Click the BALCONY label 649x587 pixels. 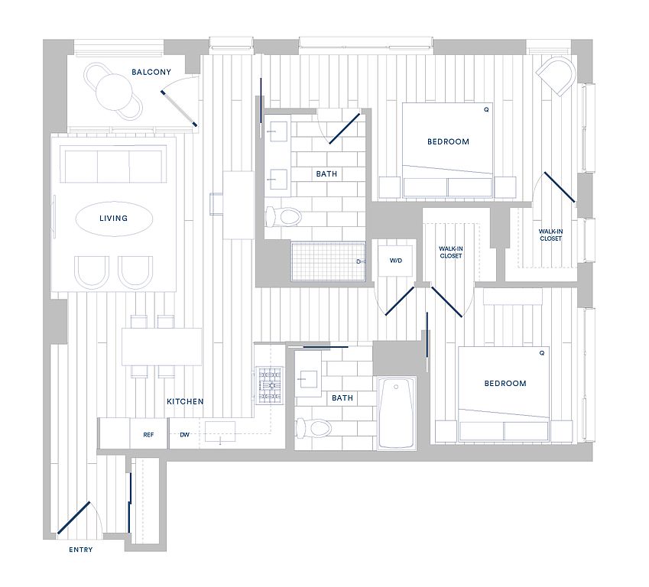point(151,72)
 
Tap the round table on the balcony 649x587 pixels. point(114,92)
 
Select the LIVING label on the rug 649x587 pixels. point(113,218)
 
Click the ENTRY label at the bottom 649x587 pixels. point(81,550)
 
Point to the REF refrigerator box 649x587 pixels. point(148,434)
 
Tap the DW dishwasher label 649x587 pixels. point(184,435)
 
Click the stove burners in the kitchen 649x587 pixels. point(271,385)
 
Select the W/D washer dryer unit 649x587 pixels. point(395,261)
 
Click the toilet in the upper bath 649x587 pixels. point(283,216)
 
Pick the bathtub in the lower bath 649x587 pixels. point(397,413)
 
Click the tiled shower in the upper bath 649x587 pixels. point(328,261)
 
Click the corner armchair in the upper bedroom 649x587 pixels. point(556,76)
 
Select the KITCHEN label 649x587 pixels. point(185,401)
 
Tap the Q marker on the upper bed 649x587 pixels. point(486,110)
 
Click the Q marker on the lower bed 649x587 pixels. point(542,353)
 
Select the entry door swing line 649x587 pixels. point(73,517)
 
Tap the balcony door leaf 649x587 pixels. point(179,109)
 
